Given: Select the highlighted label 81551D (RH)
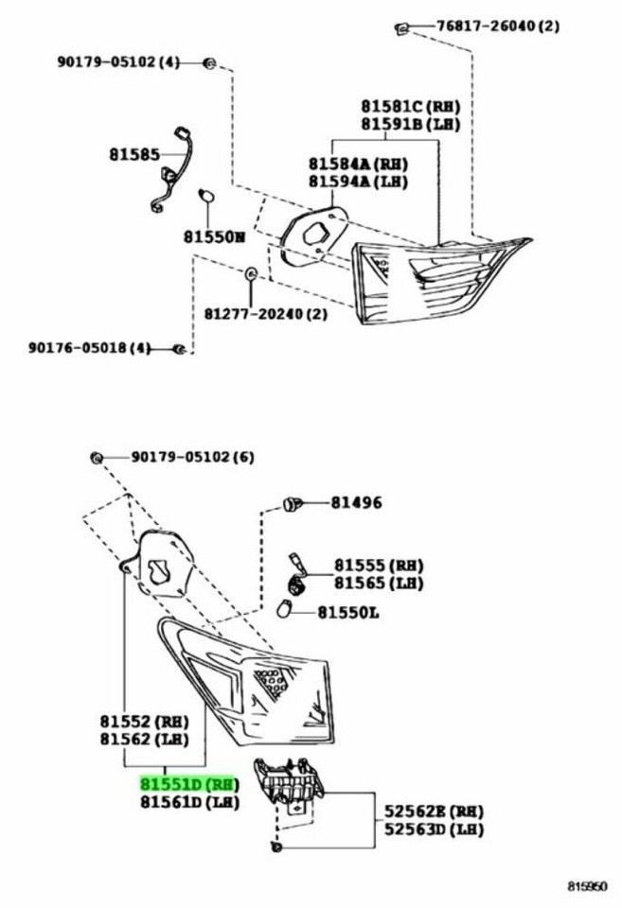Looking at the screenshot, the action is tap(188, 784).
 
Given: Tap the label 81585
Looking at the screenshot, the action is tap(133, 154).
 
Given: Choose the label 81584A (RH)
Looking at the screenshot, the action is tap(358, 164).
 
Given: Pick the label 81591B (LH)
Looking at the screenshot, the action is tap(411, 123).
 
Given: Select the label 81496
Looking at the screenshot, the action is tap(356, 502).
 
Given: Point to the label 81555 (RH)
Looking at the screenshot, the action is tap(378, 565).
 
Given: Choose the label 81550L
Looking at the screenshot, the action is tap(347, 612).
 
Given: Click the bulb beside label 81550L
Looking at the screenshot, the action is tap(283, 610).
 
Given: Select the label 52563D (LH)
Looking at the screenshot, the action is tap(434, 829).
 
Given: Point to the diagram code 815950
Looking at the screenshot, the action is tap(586, 886).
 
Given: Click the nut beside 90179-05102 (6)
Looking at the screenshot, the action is tap(97, 458).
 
